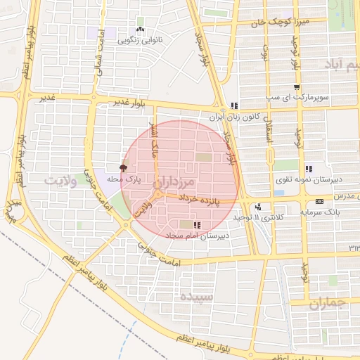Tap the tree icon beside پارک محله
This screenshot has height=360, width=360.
(124, 168)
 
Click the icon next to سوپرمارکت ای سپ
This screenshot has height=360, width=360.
(297, 87)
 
